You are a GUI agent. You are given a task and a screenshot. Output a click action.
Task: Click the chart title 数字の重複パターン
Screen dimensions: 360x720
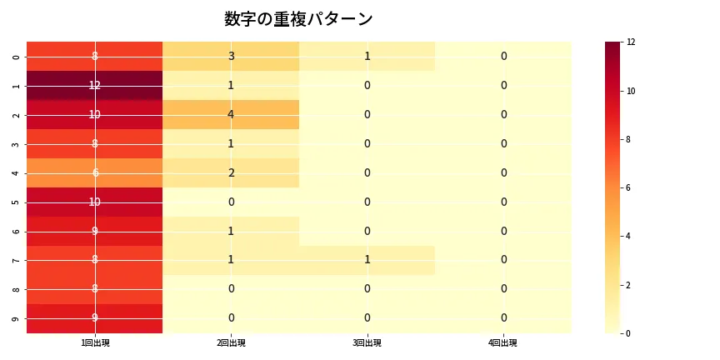coord(298,19)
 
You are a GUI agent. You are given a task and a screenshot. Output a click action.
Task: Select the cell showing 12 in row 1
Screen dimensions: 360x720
coord(95,85)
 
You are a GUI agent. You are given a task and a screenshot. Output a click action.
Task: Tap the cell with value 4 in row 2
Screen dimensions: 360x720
coord(231,114)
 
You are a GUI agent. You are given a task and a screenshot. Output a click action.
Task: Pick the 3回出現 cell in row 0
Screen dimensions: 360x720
coord(367,56)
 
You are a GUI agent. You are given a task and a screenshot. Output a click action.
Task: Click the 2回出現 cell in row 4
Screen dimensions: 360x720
coord(231,172)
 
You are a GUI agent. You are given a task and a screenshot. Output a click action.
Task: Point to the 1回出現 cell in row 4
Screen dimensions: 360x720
coord(95,172)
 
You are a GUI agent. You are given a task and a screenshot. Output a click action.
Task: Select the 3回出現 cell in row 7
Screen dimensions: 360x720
coord(367,260)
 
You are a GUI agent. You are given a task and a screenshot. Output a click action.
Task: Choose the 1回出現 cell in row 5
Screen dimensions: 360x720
coord(95,202)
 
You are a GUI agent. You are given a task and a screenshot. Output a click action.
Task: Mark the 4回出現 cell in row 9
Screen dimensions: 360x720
coord(503,317)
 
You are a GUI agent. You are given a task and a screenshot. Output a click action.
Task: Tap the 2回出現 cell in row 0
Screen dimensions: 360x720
coord(231,56)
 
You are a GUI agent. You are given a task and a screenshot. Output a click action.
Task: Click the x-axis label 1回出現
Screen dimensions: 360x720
coord(95,342)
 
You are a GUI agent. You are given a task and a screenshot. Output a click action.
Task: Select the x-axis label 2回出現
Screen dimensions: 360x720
coord(231,342)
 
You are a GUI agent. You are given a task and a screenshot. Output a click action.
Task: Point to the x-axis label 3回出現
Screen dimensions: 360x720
coord(367,342)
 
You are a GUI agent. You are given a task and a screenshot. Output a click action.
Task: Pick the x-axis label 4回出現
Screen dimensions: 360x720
coord(503,342)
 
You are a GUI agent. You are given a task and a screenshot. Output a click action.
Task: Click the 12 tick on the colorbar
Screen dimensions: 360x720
coord(632,42)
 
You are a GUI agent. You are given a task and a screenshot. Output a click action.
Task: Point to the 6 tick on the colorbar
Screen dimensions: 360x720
coord(630,187)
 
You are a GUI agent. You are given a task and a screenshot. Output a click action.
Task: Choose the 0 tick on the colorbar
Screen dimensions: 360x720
coord(630,333)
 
